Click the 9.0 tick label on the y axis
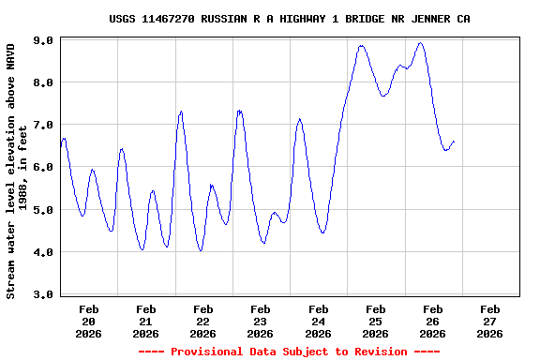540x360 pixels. point(42,40)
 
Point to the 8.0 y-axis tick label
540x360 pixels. point(42,82)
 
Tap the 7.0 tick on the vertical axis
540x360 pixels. point(42,125)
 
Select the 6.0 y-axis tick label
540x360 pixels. point(42,167)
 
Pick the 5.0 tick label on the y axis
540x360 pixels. point(42,210)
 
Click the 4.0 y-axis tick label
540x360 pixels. point(42,252)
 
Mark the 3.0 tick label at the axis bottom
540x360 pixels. point(42,294)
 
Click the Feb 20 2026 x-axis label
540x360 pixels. point(89,321)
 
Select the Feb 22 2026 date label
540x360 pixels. point(203,321)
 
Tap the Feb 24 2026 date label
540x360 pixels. point(318,321)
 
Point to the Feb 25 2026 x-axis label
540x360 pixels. point(375,321)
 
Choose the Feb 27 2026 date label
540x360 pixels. point(489,321)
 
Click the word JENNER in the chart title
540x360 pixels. point(430,19)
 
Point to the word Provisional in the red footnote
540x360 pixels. point(201,352)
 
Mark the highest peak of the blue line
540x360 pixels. point(420,42)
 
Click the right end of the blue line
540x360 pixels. point(455,142)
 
